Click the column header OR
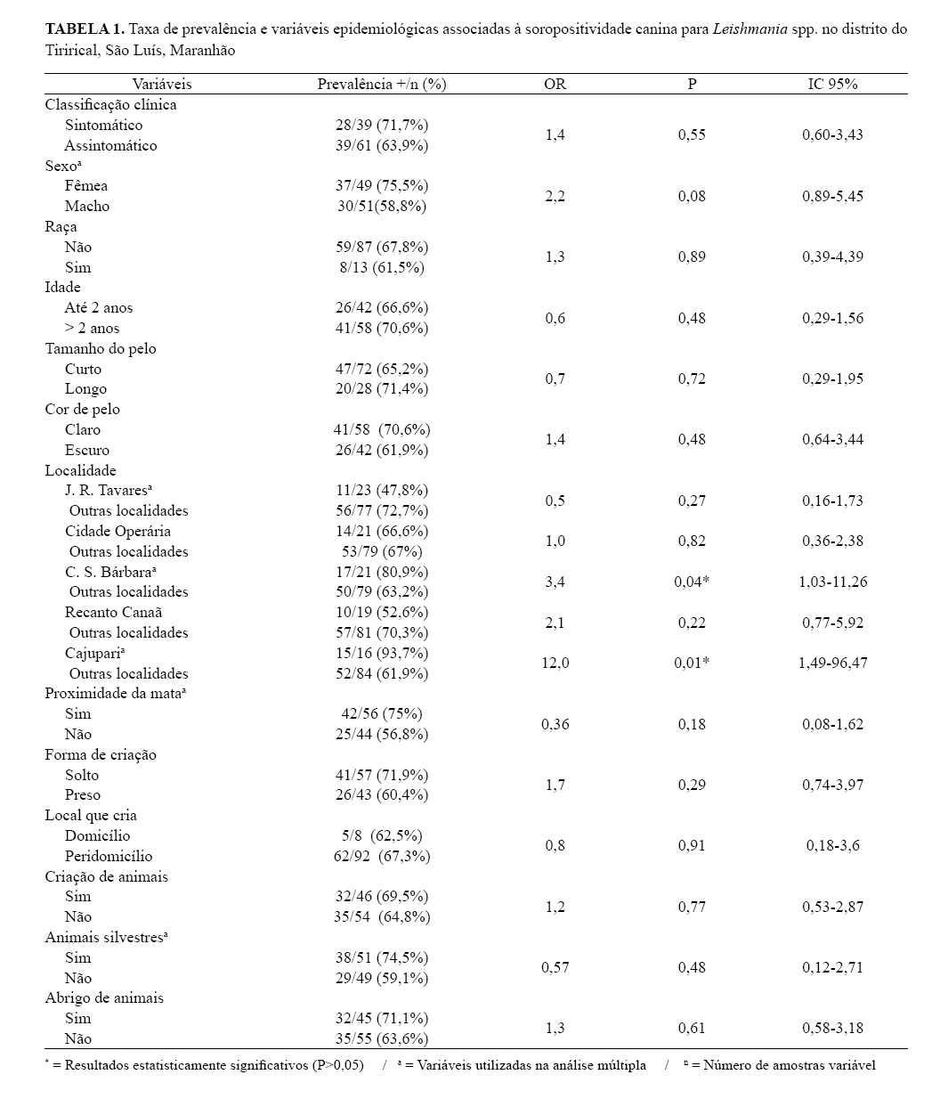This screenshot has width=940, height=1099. pos(554,84)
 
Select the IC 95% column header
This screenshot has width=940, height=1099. pos(832,84)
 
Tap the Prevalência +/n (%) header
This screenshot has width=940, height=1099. pos(381,84)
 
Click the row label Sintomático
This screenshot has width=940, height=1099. pos(103,125)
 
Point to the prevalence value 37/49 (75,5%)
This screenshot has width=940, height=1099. pos(381,185)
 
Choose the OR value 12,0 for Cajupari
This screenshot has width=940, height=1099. pos(554,663)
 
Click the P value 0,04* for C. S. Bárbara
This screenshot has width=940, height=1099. pos(692,582)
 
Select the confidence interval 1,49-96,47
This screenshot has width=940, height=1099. pos(832,663)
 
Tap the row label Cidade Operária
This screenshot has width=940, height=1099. pos(117,531)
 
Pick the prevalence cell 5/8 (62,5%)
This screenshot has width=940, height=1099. pos(381,835)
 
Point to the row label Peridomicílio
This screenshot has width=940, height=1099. pos(109,856)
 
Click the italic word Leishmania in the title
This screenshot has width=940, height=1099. pos(750,28)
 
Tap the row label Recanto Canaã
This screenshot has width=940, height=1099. pos(113,612)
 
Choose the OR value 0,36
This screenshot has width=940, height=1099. pos(554,724)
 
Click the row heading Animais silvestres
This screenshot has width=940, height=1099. pos(107,937)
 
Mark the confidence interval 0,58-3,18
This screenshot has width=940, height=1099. pos(832,1028)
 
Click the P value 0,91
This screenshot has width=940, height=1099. pos(692,845)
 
